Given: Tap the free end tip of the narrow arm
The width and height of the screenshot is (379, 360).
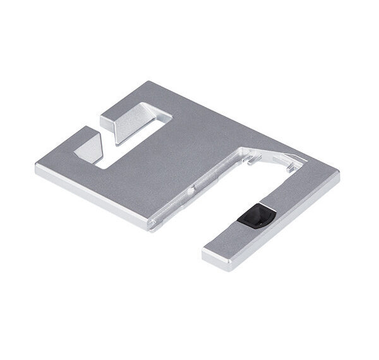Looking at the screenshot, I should pyautogui.click(x=207, y=253).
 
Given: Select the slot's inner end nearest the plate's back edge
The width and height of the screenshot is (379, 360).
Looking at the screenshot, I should pyautogui.click(x=165, y=120).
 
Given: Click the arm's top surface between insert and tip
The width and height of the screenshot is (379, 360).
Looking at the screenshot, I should pyautogui.click(x=227, y=237).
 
